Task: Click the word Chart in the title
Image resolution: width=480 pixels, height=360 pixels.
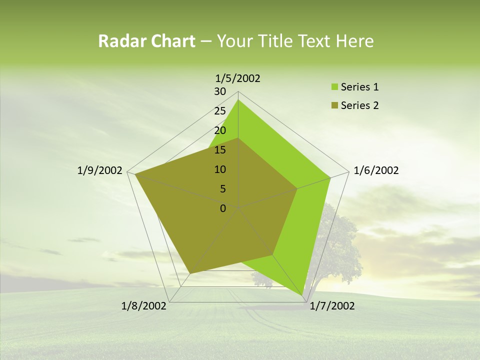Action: pos(170,41)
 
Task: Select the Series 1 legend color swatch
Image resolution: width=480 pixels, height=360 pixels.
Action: pos(334,87)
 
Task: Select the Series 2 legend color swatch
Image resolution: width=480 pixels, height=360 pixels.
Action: pos(334,105)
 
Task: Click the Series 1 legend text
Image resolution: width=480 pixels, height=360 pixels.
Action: pos(359,87)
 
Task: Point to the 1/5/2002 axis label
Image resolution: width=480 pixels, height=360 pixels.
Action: pos(237,78)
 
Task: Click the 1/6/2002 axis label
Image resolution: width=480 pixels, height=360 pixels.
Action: pos(376,170)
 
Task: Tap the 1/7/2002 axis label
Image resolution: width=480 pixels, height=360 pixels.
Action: pos(332,306)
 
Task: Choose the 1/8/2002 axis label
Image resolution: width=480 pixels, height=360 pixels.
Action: pos(144,306)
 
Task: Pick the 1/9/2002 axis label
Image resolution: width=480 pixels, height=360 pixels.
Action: pos(100,170)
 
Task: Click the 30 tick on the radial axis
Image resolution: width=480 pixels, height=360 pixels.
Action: pos(220,91)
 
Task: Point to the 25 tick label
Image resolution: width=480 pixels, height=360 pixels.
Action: pos(220,111)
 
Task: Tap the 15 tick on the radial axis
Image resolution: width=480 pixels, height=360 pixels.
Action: pos(220,150)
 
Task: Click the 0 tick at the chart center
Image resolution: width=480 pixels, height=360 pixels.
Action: pos(223,208)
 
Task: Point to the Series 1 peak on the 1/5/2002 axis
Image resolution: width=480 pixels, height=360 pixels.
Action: pos(238,99)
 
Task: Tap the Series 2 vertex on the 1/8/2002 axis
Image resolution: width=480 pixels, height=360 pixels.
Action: pos(190,273)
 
